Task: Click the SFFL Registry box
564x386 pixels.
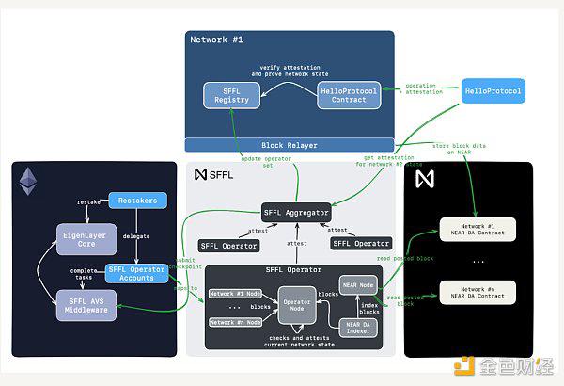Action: click(232, 94)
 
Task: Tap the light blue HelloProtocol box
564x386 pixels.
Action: click(493, 91)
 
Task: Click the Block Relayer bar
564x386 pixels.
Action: click(289, 145)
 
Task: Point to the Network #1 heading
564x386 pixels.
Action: click(217, 40)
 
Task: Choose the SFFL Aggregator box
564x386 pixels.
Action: click(295, 214)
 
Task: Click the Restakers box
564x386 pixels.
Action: click(138, 201)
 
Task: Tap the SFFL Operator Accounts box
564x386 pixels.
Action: click(136, 273)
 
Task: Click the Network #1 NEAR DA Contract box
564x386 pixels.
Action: click(478, 229)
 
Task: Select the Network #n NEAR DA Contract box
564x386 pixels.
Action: click(478, 291)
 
